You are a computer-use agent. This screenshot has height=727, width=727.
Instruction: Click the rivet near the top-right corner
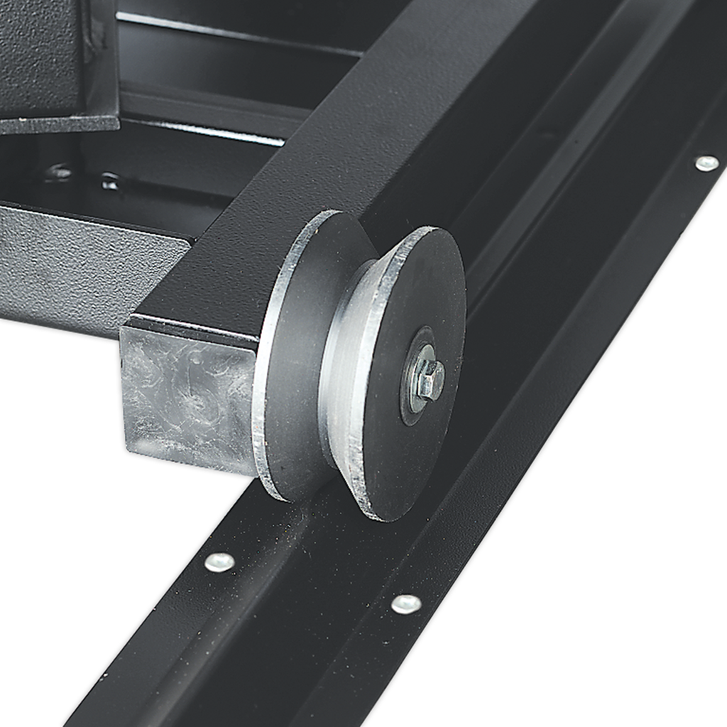706,164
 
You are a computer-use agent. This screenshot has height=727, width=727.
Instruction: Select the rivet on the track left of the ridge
219,562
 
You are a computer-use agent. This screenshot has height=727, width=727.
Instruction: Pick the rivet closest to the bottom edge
405,604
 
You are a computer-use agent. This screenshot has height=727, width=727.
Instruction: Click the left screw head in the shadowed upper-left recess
60,172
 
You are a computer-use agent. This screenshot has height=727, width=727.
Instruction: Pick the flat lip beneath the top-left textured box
57,125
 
